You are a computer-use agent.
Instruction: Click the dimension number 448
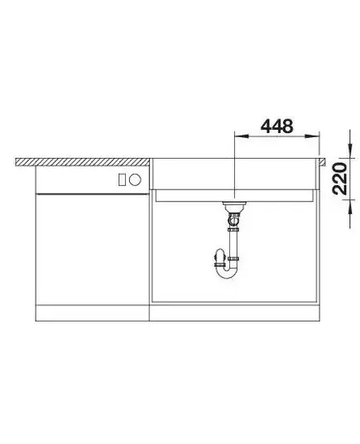[x=276, y=127]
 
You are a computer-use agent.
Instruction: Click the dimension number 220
[x=340, y=178]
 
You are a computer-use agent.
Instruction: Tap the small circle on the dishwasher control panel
[x=135, y=179]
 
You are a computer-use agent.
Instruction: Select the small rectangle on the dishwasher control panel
[x=122, y=179]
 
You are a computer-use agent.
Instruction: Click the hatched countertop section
[x=82, y=162]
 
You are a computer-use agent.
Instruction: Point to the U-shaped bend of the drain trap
[x=228, y=272]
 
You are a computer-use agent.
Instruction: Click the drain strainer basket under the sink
[x=234, y=206]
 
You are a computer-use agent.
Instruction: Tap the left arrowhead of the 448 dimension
[x=241, y=136]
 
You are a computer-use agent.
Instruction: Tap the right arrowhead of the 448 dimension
[x=312, y=136]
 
